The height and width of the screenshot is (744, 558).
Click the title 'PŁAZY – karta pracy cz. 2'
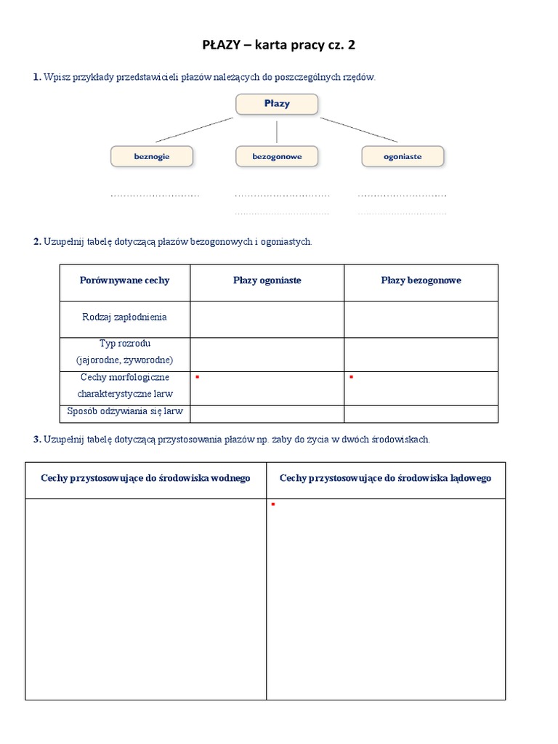(x=279, y=46)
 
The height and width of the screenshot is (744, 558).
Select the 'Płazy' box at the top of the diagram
(x=277, y=104)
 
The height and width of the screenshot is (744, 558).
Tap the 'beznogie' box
(x=152, y=156)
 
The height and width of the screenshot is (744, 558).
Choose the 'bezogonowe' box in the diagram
(x=277, y=156)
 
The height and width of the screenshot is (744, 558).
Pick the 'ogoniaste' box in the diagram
(x=402, y=156)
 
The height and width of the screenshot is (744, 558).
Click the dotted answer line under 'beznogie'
(x=155, y=195)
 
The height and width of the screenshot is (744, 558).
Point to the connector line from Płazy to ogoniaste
(x=360, y=129)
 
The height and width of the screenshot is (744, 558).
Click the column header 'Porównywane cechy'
(x=125, y=280)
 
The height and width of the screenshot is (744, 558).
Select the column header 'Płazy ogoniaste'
(x=267, y=280)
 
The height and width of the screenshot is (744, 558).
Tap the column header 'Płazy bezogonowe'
(x=421, y=280)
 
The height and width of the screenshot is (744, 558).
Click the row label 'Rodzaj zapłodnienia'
(x=125, y=317)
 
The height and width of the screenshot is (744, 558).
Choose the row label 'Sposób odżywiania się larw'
(x=125, y=412)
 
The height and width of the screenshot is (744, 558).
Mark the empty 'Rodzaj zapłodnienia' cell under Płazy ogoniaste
(x=267, y=319)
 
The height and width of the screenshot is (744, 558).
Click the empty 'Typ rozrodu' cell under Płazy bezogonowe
(x=421, y=355)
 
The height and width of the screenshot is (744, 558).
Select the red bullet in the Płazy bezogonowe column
(x=351, y=377)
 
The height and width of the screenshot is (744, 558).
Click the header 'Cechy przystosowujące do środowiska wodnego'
(x=146, y=478)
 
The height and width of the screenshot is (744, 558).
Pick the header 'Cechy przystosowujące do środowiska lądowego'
(x=385, y=478)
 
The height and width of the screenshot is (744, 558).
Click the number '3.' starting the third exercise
(x=37, y=440)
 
